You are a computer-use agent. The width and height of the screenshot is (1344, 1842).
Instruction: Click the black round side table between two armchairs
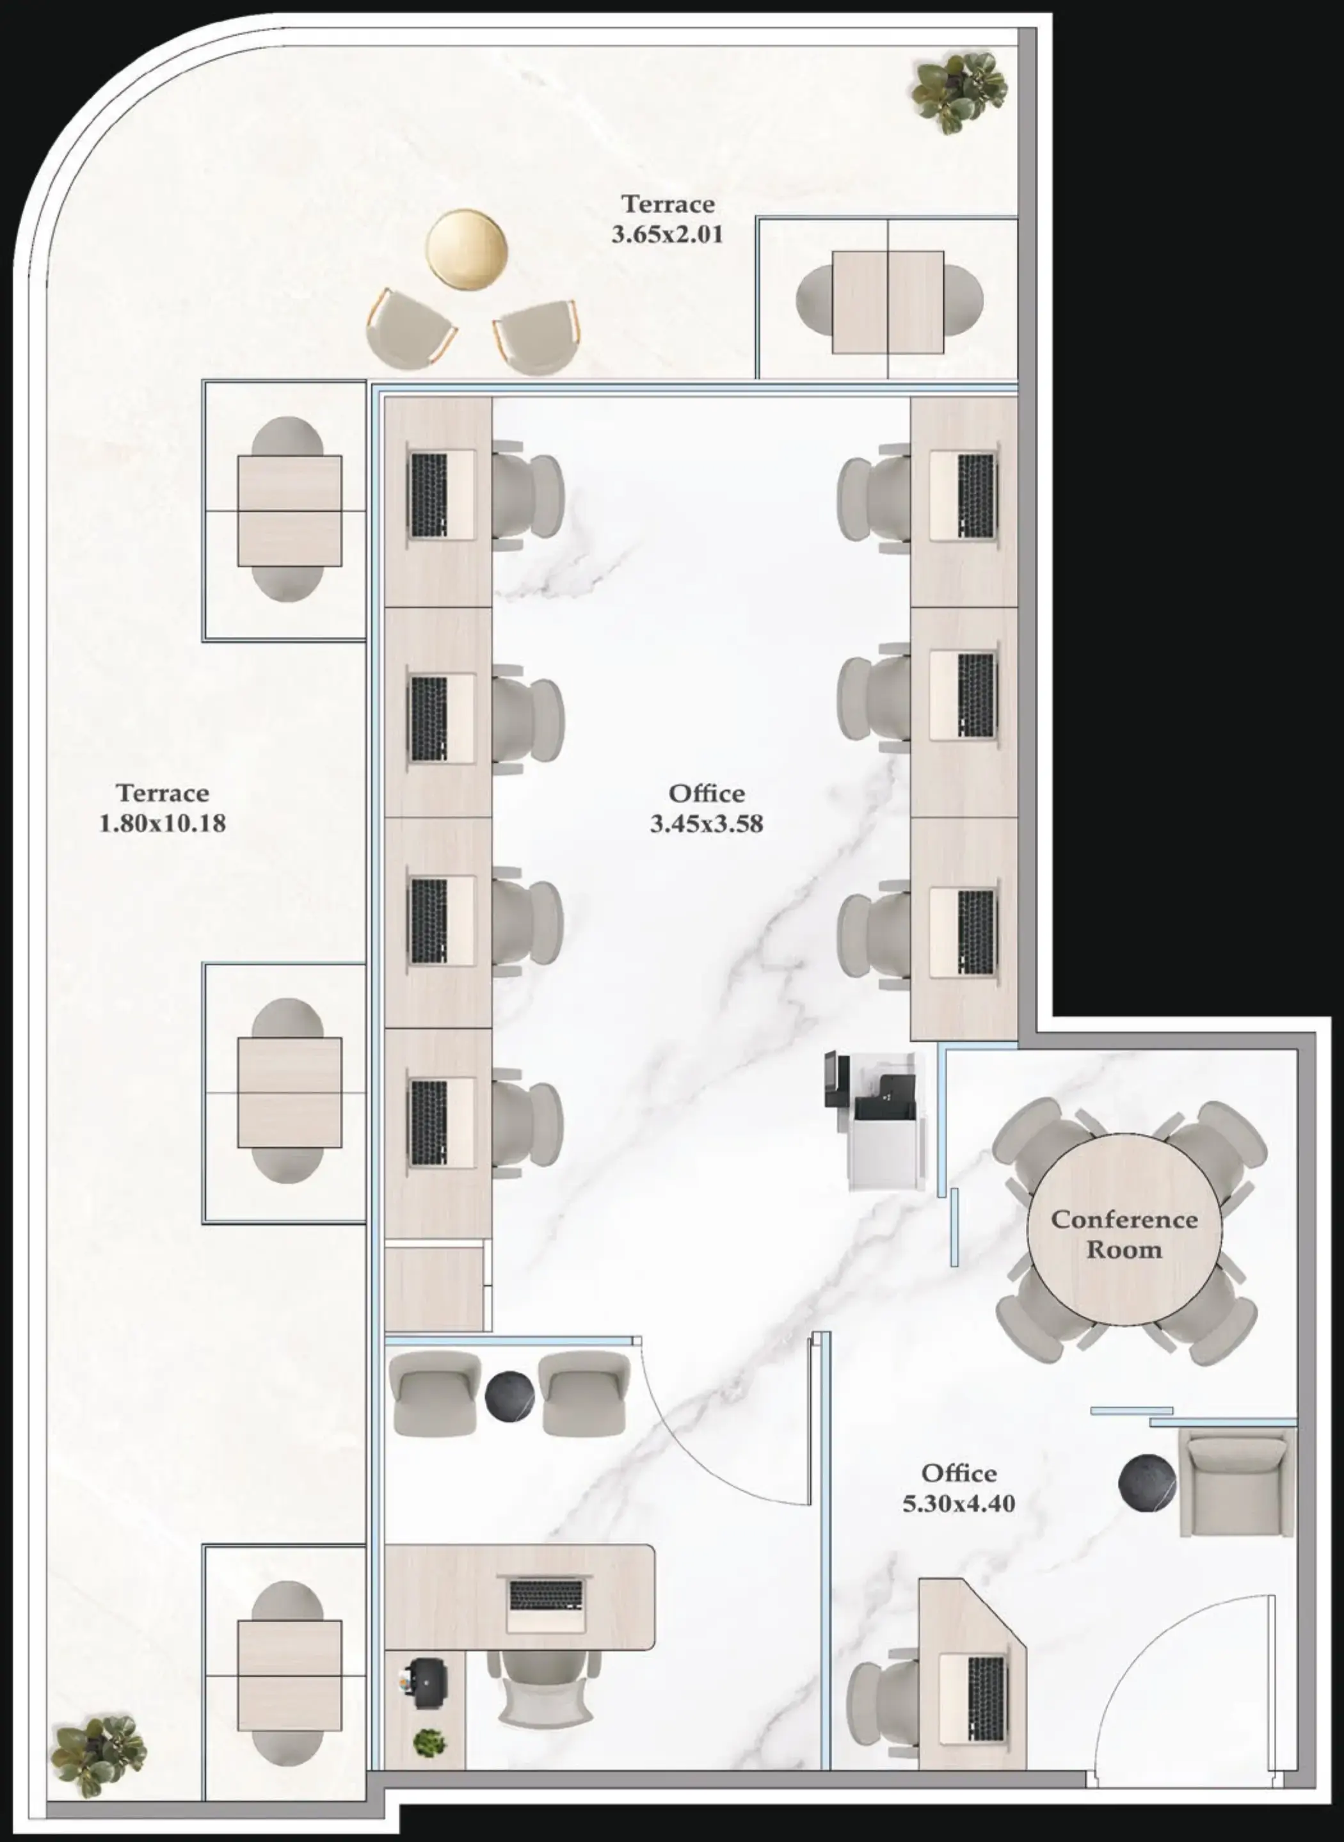pos(509,1395)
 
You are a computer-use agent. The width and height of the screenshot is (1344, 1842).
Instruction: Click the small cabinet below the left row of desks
pos(435,1290)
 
